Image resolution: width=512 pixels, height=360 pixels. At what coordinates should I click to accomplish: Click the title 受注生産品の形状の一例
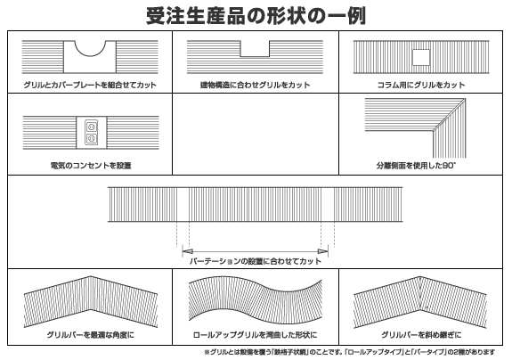coord(256,16)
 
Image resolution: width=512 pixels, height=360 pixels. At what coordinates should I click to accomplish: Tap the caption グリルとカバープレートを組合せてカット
coord(90,85)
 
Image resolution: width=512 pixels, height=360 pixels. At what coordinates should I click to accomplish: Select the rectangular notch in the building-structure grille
coord(255,49)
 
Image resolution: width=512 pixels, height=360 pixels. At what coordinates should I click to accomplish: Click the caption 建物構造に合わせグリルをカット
coord(255,85)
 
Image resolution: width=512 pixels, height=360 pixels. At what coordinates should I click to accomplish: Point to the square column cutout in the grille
coord(421,57)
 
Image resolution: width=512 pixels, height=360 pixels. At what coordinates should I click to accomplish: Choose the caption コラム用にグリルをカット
coord(421,85)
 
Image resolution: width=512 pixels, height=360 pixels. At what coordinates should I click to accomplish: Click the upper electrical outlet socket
coord(91,127)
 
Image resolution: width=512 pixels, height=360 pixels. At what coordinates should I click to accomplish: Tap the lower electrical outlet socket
coord(91,138)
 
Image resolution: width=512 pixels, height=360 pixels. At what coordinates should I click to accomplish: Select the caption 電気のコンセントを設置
coord(91,166)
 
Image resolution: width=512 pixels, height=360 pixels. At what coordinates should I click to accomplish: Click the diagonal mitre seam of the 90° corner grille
coord(449,115)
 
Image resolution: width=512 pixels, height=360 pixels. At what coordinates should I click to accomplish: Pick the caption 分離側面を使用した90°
coord(416,166)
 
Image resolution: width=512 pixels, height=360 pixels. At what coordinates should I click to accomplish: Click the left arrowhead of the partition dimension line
coord(187,251)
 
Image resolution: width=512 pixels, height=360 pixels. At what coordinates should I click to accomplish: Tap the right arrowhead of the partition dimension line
coord(323,251)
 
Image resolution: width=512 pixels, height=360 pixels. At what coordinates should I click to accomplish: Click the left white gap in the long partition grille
coord(183,204)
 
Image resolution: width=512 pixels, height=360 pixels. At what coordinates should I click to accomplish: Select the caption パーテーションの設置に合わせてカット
coord(256,261)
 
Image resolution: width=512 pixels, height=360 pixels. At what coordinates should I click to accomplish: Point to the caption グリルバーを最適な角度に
coord(90,335)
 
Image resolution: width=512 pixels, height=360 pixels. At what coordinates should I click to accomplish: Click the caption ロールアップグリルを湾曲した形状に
coord(255,335)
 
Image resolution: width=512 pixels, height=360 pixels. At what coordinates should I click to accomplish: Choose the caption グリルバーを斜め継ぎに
coord(421,335)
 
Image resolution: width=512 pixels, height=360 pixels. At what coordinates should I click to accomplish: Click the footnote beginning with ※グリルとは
coord(349,352)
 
